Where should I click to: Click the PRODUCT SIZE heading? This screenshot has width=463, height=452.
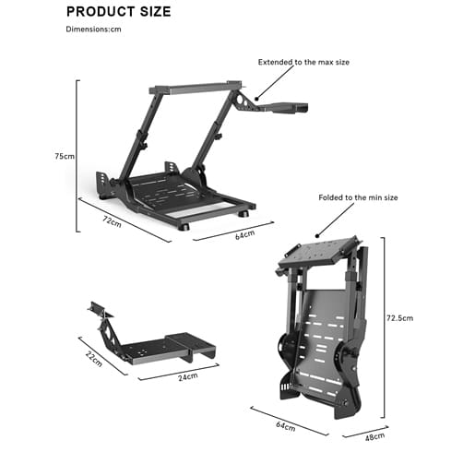[119, 12]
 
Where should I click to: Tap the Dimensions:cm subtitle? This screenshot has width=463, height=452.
[93, 30]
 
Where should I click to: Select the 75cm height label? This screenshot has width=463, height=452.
[65, 156]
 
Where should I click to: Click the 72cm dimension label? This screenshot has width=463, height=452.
[113, 221]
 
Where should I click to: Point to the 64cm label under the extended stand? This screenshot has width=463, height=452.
[245, 234]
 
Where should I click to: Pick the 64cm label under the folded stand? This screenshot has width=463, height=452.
[286, 426]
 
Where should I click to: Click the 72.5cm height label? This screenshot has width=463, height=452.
[400, 318]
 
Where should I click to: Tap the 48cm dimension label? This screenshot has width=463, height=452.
[374, 437]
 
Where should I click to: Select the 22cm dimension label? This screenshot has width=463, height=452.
[94, 359]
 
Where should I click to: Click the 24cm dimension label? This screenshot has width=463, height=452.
[188, 376]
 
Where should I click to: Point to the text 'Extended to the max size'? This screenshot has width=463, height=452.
[303, 62]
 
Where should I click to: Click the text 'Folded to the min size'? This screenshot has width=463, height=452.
[358, 197]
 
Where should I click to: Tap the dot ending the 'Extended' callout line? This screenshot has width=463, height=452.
[256, 99]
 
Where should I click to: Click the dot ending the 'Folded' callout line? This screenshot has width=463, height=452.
[317, 236]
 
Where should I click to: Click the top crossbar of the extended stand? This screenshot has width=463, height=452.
[196, 88]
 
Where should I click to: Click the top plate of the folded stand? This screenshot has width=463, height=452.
[318, 252]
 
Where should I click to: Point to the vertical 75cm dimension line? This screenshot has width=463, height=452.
[77, 156]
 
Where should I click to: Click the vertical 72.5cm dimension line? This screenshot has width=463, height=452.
[384, 327]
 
